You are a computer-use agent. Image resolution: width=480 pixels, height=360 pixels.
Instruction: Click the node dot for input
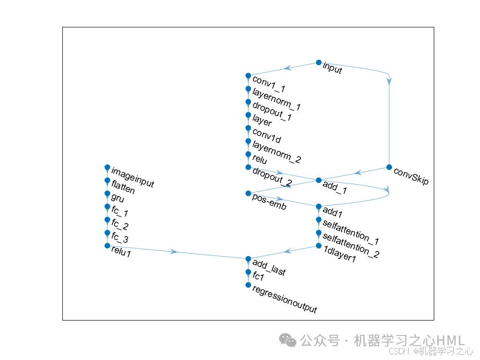319,62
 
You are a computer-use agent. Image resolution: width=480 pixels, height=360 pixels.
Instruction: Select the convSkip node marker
389,167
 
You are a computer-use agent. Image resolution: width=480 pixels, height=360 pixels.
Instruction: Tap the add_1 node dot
319,180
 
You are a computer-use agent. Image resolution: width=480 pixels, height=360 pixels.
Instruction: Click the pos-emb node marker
248,193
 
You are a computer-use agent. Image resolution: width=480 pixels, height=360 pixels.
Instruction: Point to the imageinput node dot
107,167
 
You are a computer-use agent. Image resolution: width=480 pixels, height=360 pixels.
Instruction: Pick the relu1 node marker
107,246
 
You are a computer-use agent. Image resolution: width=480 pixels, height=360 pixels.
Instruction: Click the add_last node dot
248,259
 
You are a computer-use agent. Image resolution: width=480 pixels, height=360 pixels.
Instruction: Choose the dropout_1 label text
272,113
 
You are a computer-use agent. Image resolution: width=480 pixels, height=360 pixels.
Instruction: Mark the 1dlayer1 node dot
319,246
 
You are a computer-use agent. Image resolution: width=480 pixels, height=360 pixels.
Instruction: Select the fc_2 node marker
107,219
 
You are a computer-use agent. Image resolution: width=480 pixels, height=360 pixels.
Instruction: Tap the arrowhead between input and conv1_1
288,68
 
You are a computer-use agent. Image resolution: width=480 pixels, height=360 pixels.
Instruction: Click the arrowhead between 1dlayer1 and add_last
289,251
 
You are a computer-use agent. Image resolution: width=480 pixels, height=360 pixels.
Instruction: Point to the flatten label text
123,187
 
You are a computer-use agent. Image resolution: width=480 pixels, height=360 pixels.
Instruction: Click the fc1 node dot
248,272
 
